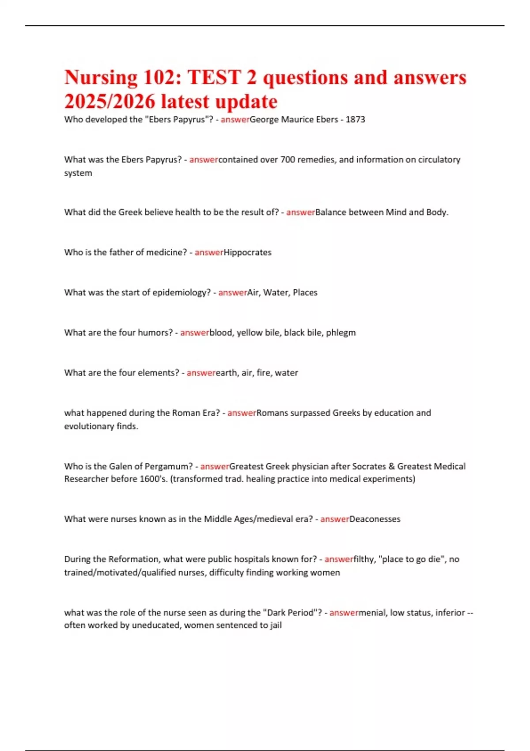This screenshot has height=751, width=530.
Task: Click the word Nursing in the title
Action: pos(101,78)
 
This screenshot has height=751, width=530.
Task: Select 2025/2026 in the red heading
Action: pos(110,102)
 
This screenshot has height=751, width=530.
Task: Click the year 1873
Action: pos(355,120)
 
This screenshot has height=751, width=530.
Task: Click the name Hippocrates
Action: pos(247,253)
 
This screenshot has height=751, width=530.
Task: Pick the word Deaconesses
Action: pos(375,519)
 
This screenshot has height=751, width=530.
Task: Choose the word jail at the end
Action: pos(276,626)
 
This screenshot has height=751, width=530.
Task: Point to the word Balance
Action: pos(330,212)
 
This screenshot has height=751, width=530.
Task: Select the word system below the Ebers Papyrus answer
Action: pos(78,173)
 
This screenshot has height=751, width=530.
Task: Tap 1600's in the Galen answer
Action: pos(153,479)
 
